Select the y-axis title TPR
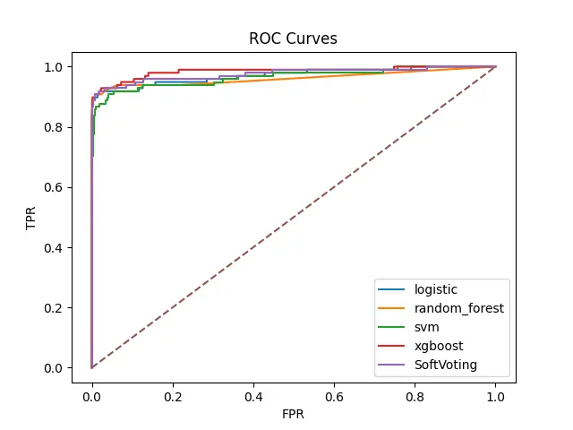pos(33,218)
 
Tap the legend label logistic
pos(435,289)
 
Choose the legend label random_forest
pos(458,308)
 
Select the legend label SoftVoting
pos(446,365)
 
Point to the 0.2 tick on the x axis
pos(172,391)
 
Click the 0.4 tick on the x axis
pos(253,391)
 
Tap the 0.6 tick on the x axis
pos(334,391)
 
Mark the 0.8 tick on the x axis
pos(415,391)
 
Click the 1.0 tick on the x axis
pos(495,391)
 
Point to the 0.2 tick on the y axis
pos(54,307)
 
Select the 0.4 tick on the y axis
pos(54,247)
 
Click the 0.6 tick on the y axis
pos(54,187)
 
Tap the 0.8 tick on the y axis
pos(54,127)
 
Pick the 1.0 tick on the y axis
pos(54,66)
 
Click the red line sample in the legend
pos(394,346)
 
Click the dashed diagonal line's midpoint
pos(294,217)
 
